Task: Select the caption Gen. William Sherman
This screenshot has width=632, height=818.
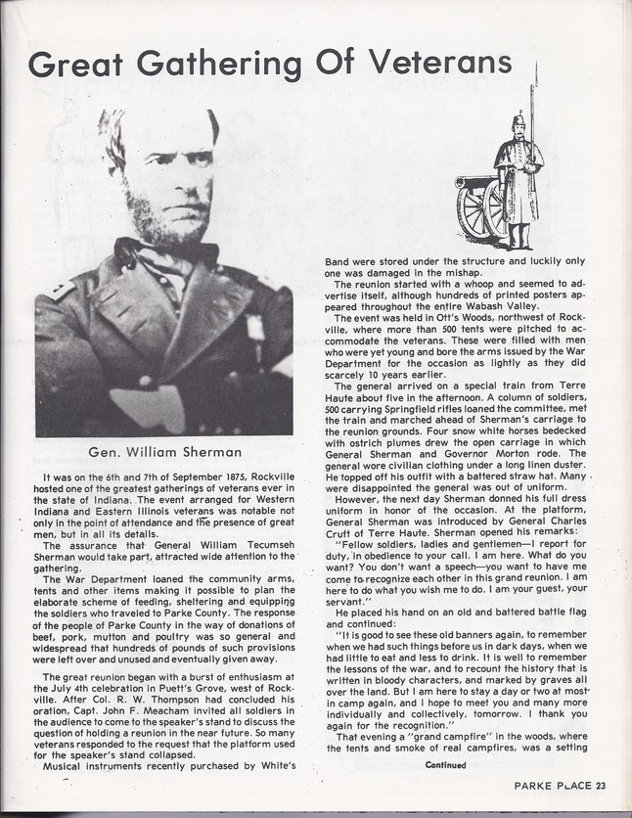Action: [164, 452]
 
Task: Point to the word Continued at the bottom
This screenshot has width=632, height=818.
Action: [447, 764]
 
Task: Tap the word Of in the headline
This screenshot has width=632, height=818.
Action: [334, 64]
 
